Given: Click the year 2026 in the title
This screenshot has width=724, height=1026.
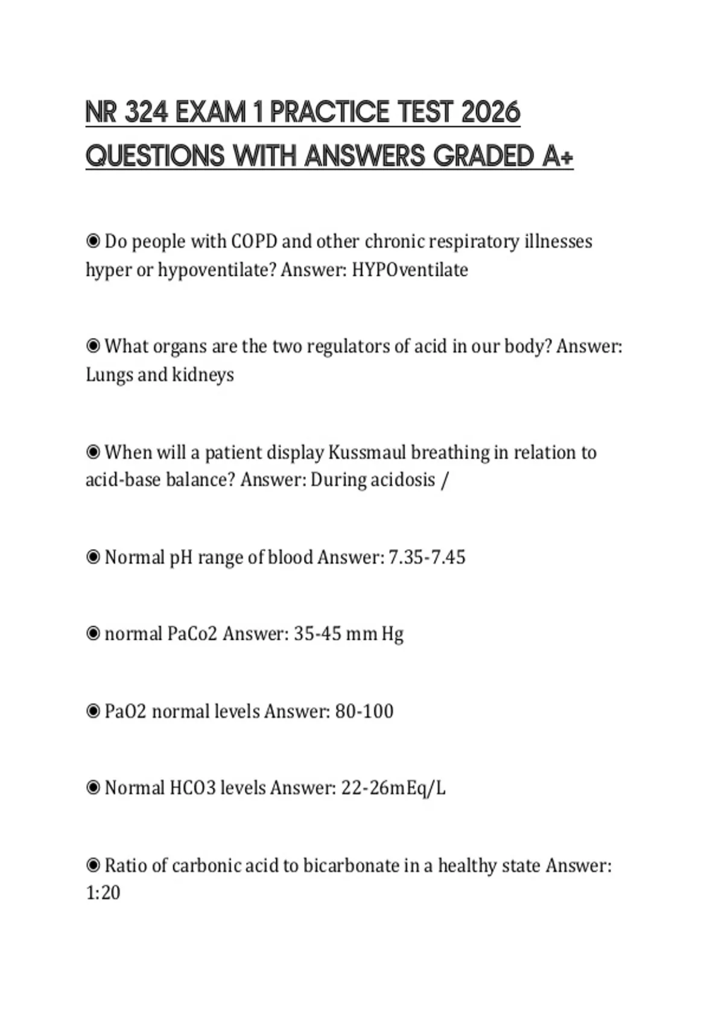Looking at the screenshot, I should click(491, 113).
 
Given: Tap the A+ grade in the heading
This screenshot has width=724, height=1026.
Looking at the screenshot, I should click(557, 156).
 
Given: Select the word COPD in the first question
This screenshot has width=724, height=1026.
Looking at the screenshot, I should click(254, 241).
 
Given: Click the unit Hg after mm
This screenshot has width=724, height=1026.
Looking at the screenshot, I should click(392, 634).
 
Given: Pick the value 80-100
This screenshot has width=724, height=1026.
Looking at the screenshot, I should click(364, 711).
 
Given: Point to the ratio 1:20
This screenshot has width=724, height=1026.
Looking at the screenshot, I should click(103, 893).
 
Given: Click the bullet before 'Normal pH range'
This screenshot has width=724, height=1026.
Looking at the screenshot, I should click(93, 557).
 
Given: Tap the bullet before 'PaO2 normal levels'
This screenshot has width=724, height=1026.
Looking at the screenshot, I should click(93, 711).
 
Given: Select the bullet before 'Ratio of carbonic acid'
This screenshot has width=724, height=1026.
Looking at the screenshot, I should click(93, 865).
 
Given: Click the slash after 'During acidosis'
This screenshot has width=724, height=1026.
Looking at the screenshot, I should click(445, 480).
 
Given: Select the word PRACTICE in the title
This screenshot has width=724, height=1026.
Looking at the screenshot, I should click(329, 113).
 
